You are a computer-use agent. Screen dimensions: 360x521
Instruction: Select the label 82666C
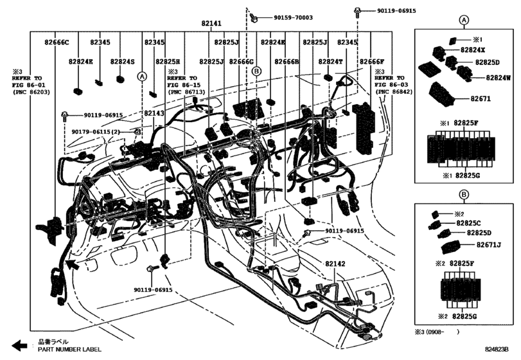pyautogui.click(x=57, y=42)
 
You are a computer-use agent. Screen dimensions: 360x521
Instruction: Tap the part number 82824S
pyautogui.click(x=121, y=62)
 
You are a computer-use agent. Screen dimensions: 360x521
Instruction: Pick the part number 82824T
pyautogui.click(x=331, y=62)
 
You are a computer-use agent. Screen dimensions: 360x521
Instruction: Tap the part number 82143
pyautogui.click(x=154, y=113)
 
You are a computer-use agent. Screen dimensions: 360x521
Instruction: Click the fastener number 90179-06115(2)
pyautogui.click(x=96, y=132)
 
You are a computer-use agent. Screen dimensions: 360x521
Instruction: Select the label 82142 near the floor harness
pyautogui.click(x=335, y=264)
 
